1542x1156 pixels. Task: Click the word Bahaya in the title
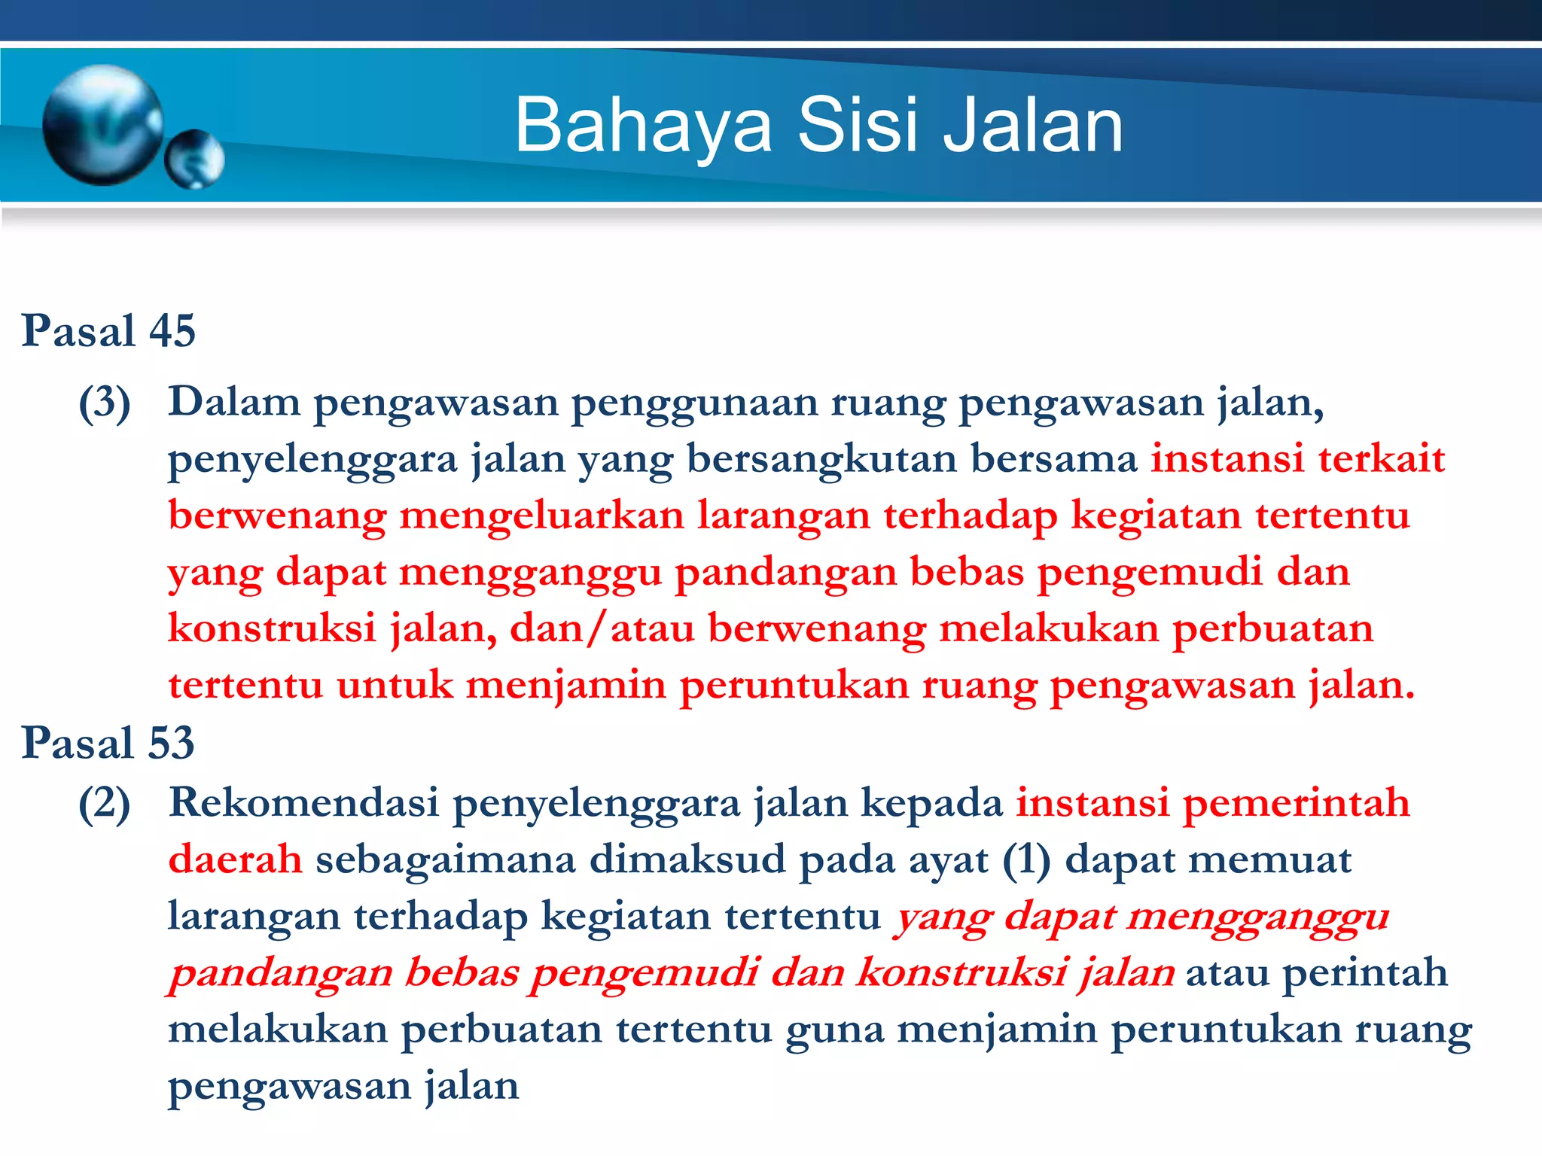coord(644,126)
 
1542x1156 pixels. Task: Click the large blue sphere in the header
coord(102,125)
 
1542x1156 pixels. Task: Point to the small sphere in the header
coord(194,159)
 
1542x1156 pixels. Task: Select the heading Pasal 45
coord(108,330)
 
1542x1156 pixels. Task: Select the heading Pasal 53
coord(108,743)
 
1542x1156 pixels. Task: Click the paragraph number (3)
coord(105,403)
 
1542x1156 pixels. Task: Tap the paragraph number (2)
coord(105,804)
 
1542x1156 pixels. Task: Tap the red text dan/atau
coord(602,628)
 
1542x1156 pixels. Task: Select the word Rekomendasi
coord(304,802)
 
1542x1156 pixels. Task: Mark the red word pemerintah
coord(1296,802)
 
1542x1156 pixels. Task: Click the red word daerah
coord(235,859)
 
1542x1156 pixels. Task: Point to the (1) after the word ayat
coord(1026,860)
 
